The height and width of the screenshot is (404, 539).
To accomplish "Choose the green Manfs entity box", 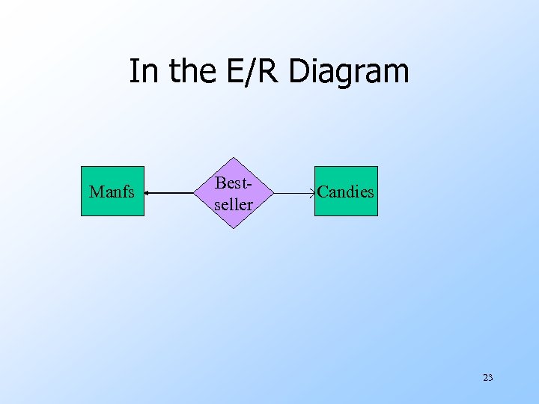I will click(x=112, y=192).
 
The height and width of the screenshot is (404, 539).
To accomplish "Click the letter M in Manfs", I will click(x=95, y=192).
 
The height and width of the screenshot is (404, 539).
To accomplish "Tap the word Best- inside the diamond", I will click(x=233, y=183).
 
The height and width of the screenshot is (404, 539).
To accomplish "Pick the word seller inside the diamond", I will click(x=234, y=203).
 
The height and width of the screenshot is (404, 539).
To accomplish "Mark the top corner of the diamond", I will click(x=234, y=158).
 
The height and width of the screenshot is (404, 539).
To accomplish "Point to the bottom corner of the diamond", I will click(x=234, y=227).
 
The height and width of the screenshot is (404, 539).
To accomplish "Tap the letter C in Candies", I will click(x=323, y=192).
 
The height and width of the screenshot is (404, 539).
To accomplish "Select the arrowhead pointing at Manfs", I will click(x=147, y=193).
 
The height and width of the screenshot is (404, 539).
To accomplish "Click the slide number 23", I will click(x=487, y=378).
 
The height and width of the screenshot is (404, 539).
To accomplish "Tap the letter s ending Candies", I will click(x=370, y=192).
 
